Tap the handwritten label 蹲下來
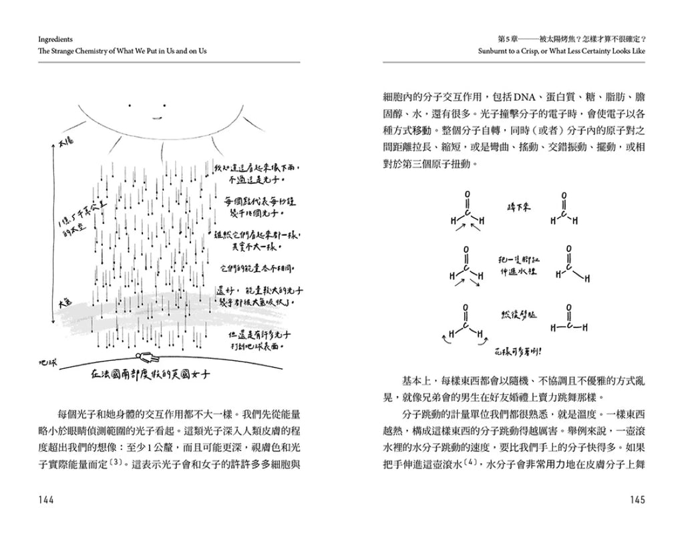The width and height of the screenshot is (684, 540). click(x=518, y=207)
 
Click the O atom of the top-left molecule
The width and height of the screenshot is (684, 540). click(x=468, y=196)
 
